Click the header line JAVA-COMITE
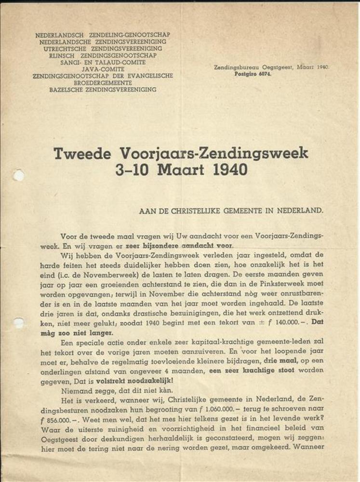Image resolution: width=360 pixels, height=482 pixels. pos(103,69)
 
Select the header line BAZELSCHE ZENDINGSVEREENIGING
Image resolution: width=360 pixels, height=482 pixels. pos(103,90)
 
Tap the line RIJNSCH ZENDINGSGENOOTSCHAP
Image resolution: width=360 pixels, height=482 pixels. pos(103,55)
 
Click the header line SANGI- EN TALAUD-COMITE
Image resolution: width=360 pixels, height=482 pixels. pos(103,62)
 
